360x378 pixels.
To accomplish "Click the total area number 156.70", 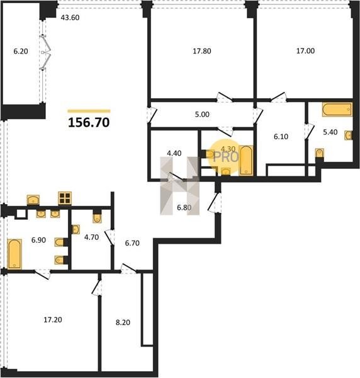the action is tap(89, 122).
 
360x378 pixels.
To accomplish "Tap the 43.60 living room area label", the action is tap(70, 18).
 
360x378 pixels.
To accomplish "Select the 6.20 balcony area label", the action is tap(21, 51).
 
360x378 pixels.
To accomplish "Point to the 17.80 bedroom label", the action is tap(202, 51).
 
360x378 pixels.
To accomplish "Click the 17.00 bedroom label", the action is tap(305, 51).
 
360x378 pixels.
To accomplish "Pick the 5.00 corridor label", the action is tap(202, 114).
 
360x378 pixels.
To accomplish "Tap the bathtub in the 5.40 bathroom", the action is tap(337, 110).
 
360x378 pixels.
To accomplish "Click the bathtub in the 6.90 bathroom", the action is tap(14, 254).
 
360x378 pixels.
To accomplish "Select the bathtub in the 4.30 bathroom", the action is tap(246, 160).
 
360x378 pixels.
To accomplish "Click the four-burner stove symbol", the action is tap(65, 198).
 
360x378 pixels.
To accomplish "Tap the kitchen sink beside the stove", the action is tap(33, 200).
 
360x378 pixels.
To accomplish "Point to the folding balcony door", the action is tap(45, 52).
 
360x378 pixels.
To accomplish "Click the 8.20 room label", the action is tap(123, 323).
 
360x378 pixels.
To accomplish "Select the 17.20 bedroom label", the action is tap(53, 319).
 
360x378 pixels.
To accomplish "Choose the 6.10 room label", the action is tap(281, 137).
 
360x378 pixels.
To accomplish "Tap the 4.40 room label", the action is tap(174, 153).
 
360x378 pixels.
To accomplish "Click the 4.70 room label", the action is tap(91, 238).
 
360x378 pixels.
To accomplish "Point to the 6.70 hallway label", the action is tap(132, 243).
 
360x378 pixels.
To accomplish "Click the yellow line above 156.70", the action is tap(89, 111).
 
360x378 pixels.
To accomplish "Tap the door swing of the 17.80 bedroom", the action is tap(225, 97).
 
